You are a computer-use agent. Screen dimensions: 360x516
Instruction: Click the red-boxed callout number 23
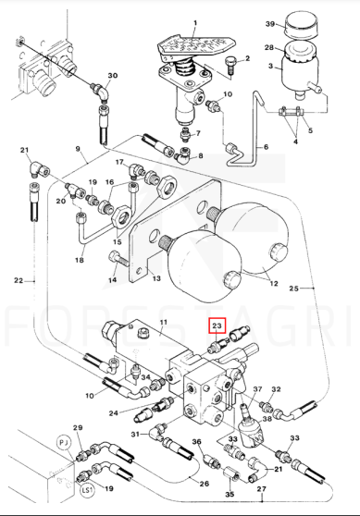(x=217, y=326)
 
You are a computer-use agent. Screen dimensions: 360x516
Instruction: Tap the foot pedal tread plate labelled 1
(x=195, y=45)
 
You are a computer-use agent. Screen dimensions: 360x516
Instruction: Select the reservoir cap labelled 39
(x=301, y=25)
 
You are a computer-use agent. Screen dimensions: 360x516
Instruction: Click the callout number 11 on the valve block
(x=164, y=322)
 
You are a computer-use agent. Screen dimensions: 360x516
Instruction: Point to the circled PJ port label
(x=64, y=442)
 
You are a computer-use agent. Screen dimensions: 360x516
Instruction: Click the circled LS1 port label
(x=87, y=490)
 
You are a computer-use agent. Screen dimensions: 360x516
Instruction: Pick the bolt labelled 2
(x=230, y=67)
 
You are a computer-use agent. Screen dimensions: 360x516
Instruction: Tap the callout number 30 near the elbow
(x=113, y=75)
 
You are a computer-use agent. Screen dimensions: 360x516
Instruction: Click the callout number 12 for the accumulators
(x=274, y=283)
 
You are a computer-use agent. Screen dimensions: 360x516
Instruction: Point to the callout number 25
(x=293, y=289)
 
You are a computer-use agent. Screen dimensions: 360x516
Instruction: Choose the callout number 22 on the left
(x=19, y=280)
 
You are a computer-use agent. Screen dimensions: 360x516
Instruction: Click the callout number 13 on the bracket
(x=156, y=278)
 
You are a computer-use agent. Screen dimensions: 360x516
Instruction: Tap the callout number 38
(x=267, y=419)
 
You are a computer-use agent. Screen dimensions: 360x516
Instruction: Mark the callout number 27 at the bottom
(x=262, y=489)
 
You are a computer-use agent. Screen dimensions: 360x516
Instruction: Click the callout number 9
(x=78, y=149)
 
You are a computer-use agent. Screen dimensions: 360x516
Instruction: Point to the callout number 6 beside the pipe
(x=267, y=147)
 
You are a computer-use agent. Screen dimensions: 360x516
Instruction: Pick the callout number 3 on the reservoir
(x=271, y=67)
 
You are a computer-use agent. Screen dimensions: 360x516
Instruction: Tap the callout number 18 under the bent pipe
(x=80, y=260)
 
